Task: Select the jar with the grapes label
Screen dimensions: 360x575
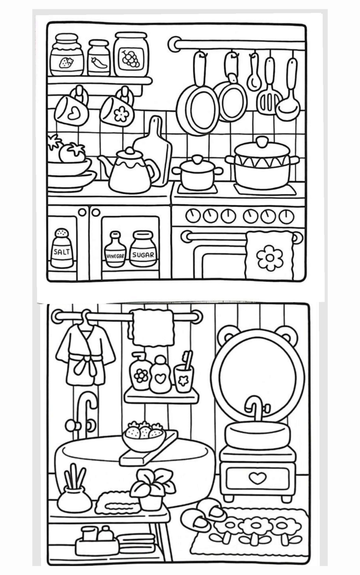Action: click(x=131, y=54)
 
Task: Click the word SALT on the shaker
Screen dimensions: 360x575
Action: click(x=62, y=251)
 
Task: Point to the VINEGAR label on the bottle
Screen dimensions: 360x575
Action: click(x=115, y=256)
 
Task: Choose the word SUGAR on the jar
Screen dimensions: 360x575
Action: click(x=143, y=255)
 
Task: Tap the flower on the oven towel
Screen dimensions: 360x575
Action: click(x=270, y=258)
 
